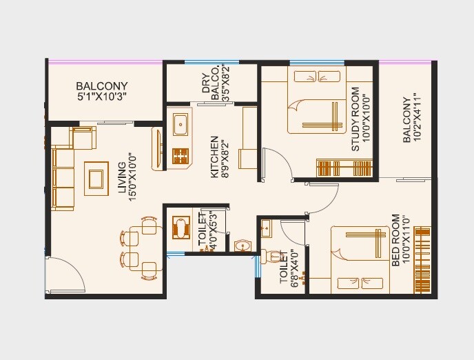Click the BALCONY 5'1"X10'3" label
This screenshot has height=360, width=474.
[x=101, y=92]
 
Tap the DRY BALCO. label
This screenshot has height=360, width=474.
[x=211, y=83]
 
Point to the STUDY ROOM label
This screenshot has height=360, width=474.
[x=360, y=119]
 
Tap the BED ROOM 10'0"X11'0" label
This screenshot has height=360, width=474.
[x=400, y=241]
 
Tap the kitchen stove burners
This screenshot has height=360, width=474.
[x=181, y=157]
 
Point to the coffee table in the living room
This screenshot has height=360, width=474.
[x=95, y=177]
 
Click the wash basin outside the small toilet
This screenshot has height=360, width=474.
[x=243, y=245]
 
